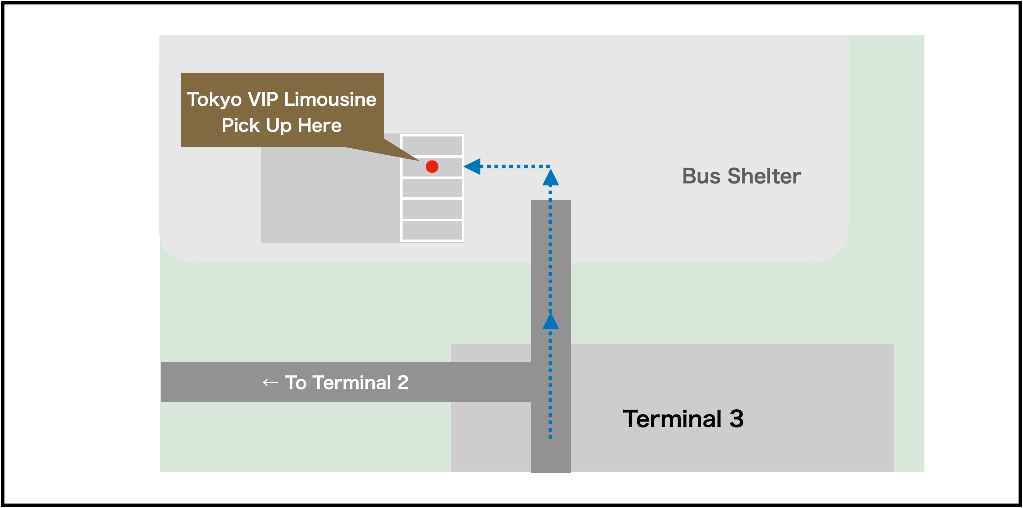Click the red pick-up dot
(x=432, y=166)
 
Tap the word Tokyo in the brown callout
(x=214, y=99)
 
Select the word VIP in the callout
(x=262, y=99)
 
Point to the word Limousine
(x=330, y=99)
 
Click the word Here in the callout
(x=320, y=125)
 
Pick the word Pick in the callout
(x=241, y=125)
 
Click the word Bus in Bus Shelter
(x=701, y=176)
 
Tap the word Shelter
(x=764, y=176)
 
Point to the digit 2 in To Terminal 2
(x=403, y=383)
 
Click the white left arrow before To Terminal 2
(x=270, y=383)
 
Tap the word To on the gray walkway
(x=296, y=383)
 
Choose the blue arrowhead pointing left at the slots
(x=472, y=166)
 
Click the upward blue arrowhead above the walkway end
(x=550, y=178)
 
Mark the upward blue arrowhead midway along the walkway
(x=550, y=321)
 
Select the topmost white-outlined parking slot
(x=432, y=145)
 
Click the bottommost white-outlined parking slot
(x=432, y=230)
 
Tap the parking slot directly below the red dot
(x=432, y=188)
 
